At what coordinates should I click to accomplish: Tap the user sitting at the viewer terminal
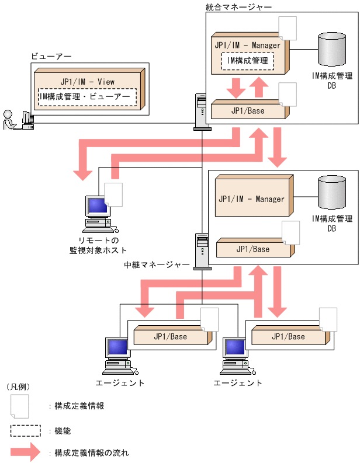click(10, 120)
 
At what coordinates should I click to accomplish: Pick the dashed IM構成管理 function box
click(247, 61)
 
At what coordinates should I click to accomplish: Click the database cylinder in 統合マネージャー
click(332, 49)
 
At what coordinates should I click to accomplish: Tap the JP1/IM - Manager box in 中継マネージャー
click(252, 199)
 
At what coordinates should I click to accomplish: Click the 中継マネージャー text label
click(157, 264)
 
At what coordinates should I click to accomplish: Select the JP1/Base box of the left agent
click(170, 336)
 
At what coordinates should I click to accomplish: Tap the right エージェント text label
click(238, 383)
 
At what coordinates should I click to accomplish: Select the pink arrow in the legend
click(25, 452)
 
